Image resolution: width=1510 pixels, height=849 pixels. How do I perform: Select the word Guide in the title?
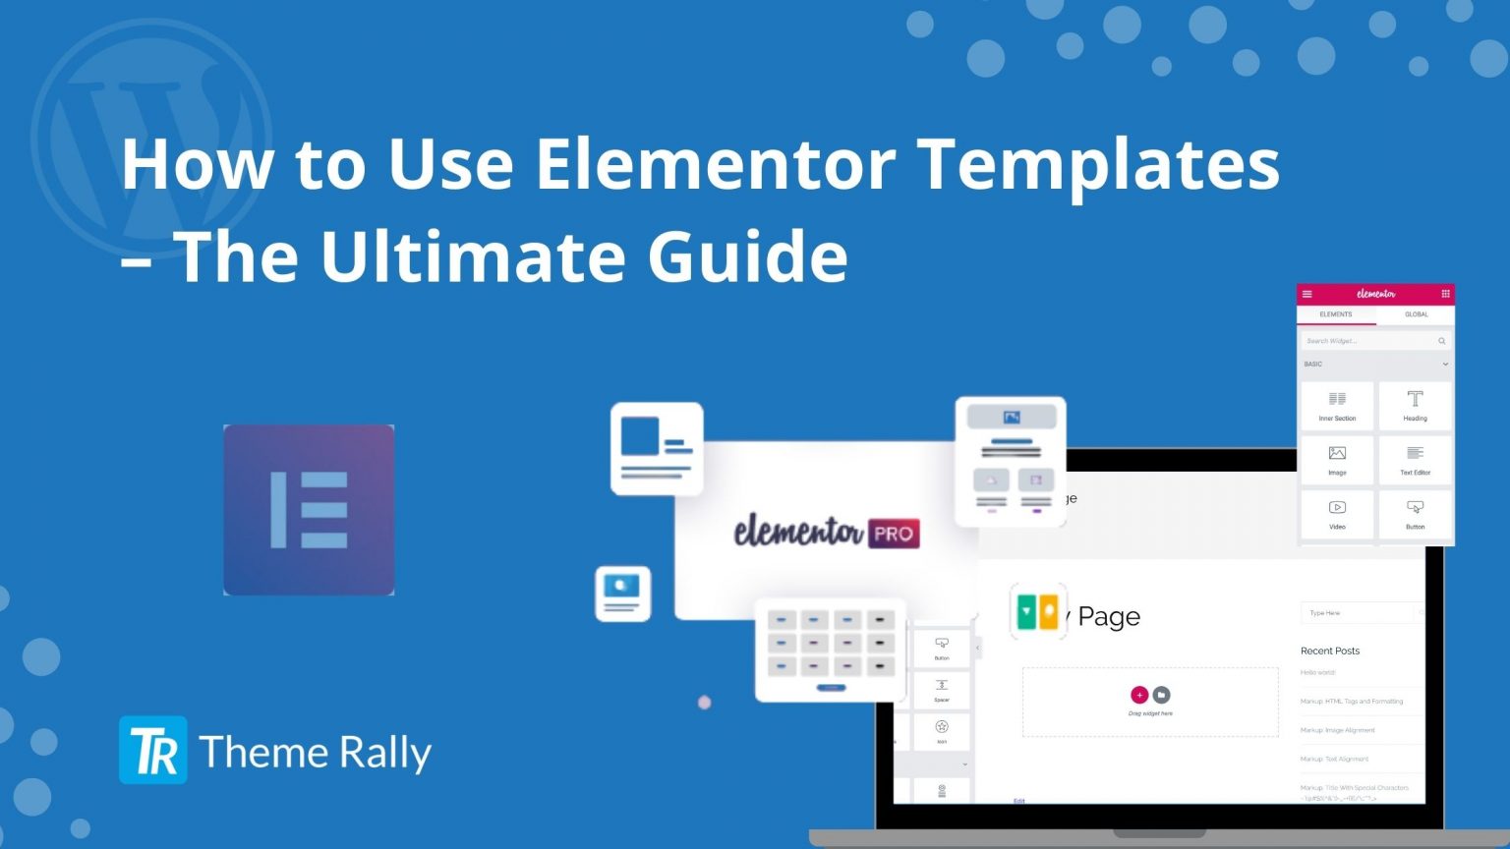[747, 255]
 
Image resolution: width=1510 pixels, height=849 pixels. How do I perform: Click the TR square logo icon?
[153, 750]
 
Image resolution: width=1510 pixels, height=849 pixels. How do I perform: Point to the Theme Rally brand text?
[315, 753]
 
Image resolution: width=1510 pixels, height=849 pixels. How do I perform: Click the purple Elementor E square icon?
[309, 510]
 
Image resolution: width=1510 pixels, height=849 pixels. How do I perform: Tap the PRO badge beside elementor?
[893, 534]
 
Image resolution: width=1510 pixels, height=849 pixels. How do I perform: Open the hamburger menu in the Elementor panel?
[1307, 294]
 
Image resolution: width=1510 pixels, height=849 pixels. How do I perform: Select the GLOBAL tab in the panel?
[1416, 314]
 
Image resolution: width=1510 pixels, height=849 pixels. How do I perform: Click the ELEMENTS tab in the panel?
[1335, 314]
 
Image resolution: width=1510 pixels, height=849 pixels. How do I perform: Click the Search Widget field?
[1371, 341]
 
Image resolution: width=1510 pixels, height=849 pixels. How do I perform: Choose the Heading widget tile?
[1415, 405]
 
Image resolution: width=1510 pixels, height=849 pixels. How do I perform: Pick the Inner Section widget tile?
[1337, 405]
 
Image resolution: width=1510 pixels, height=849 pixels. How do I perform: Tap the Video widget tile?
[1337, 513]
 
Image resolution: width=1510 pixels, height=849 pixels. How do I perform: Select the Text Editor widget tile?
[1415, 459]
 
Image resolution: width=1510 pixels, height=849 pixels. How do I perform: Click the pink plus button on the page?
[1139, 695]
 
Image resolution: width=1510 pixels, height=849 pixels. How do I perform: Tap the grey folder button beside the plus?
[1161, 695]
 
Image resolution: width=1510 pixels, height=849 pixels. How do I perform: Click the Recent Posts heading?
[1330, 651]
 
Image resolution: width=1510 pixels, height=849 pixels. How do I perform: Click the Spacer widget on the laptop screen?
[942, 689]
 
